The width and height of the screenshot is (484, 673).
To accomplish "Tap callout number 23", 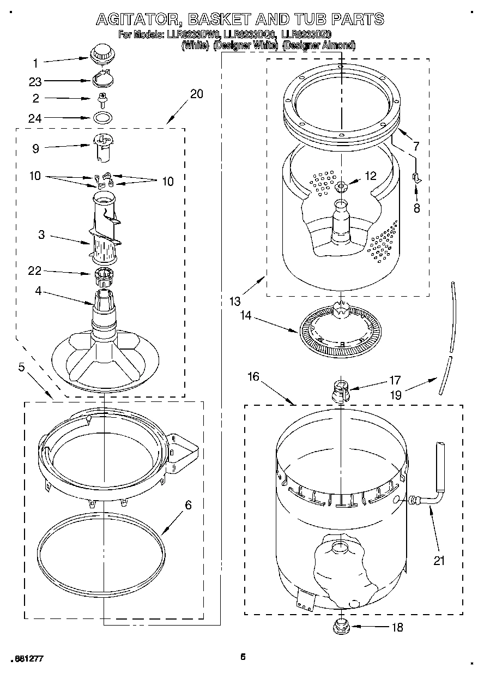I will (35, 81).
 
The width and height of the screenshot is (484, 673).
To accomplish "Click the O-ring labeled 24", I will (101, 117).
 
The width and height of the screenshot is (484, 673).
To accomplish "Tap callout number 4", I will (38, 291).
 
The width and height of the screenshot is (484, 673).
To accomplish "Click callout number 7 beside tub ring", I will (416, 146).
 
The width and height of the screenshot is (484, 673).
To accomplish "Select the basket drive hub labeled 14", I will (338, 331).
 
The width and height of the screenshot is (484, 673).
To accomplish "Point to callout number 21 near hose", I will (439, 560).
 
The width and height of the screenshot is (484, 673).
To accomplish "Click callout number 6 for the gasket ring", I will (188, 506).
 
